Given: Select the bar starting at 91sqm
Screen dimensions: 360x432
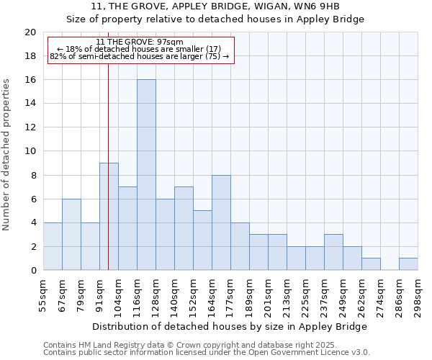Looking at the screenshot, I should point(109,216).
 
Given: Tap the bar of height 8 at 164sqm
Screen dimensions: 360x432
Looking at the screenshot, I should point(221,222).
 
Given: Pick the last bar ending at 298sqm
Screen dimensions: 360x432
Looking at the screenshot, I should point(408,264).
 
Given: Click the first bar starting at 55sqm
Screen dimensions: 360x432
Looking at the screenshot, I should point(53,246).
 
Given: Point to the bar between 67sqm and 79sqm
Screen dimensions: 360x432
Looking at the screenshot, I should point(71,235).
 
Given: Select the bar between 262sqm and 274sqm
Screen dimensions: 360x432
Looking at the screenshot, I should point(371,264).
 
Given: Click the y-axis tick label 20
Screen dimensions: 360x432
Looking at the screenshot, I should point(30,32).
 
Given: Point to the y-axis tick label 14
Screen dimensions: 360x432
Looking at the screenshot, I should point(30,104).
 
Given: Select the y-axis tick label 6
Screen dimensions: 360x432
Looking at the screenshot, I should point(32,199).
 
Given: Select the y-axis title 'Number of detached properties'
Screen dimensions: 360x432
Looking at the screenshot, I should point(6,155).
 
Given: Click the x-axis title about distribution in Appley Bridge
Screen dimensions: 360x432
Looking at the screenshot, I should point(231,326).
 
